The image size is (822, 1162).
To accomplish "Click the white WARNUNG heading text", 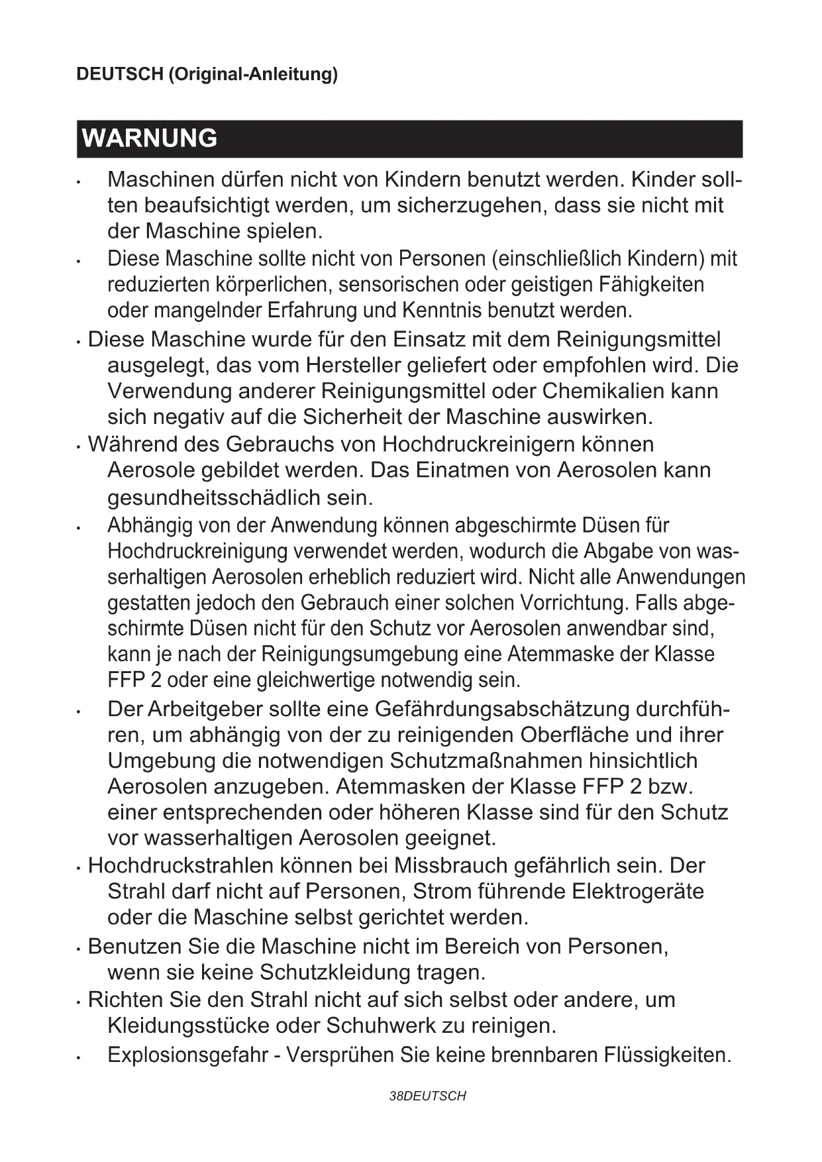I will tap(150, 138).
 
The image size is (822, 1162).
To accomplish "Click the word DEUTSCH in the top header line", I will tap(119, 74).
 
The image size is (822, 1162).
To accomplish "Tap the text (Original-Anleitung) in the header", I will tap(252, 74).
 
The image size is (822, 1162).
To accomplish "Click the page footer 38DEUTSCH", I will tap(428, 1096).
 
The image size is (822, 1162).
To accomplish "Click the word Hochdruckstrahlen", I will tap(181, 866).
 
